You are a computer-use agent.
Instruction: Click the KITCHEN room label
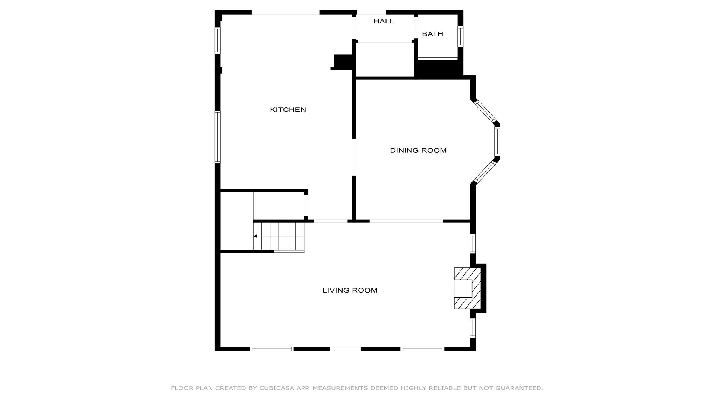point(288,109)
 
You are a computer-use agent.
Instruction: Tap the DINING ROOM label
point(418,150)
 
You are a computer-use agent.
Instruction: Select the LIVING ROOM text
point(350,290)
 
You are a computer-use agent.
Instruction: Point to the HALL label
point(384,21)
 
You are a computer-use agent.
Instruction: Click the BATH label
point(432,34)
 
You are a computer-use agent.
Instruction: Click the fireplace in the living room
point(467,288)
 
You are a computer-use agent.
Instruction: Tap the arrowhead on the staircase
point(255,236)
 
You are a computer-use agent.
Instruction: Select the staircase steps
point(279,236)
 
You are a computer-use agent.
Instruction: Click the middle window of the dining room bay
point(497,141)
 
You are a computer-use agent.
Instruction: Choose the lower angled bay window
point(485,172)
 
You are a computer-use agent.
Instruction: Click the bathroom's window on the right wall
point(460,36)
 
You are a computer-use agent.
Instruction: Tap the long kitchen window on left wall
point(217,137)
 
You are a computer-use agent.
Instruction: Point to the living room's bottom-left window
point(271,349)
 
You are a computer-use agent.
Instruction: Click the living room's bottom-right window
point(422,349)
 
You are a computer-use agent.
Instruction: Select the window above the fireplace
point(473,244)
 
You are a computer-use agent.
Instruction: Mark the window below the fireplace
point(473,328)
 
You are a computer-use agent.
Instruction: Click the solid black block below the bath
point(439,69)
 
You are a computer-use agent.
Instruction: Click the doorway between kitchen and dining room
point(354,157)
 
